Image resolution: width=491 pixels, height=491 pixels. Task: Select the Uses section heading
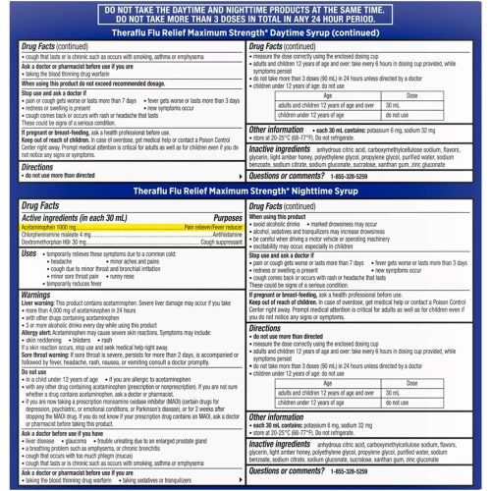point(30,281)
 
